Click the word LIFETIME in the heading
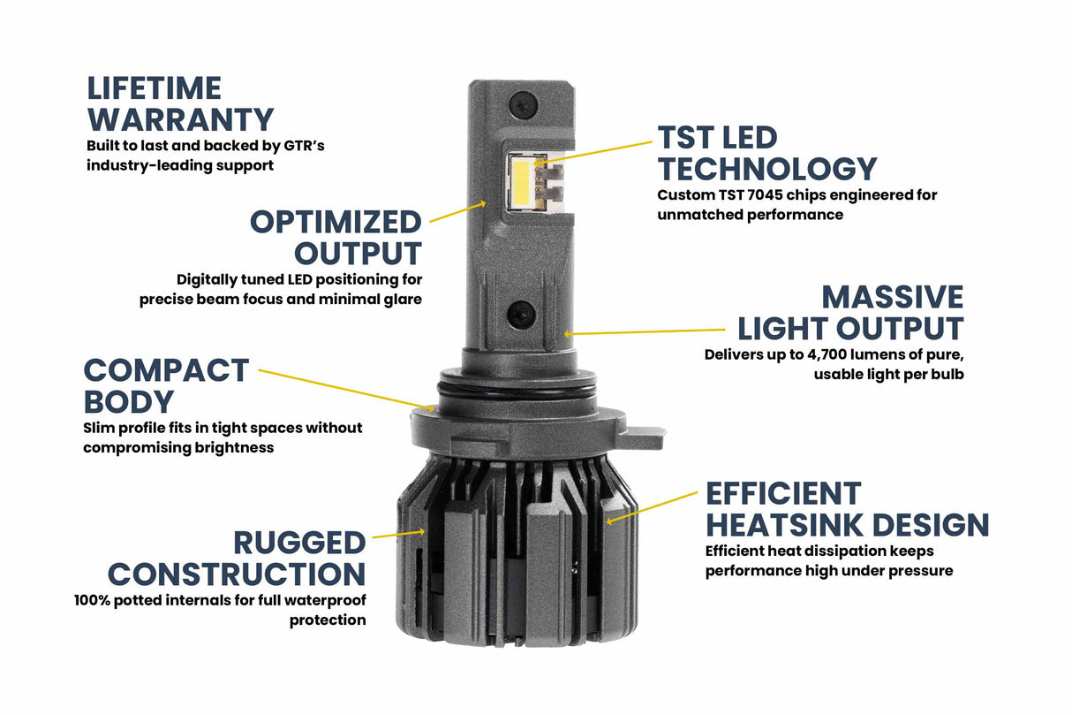pyautogui.click(x=154, y=88)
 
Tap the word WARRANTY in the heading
pyautogui.click(x=180, y=119)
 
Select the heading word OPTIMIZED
pyautogui.click(x=336, y=221)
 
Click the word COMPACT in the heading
pyautogui.click(x=166, y=370)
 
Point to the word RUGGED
pyautogui.click(x=298, y=543)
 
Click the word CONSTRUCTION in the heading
pyautogui.click(x=236, y=574)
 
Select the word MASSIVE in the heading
pyautogui.click(x=892, y=297)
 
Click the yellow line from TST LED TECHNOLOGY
pyautogui.click(x=592, y=152)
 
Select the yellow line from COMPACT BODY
pyautogui.click(x=344, y=390)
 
